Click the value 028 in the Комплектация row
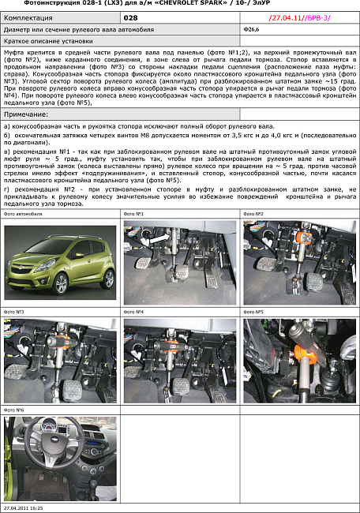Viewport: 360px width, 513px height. click(131, 17)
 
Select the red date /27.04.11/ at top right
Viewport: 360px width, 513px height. click(281, 17)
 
